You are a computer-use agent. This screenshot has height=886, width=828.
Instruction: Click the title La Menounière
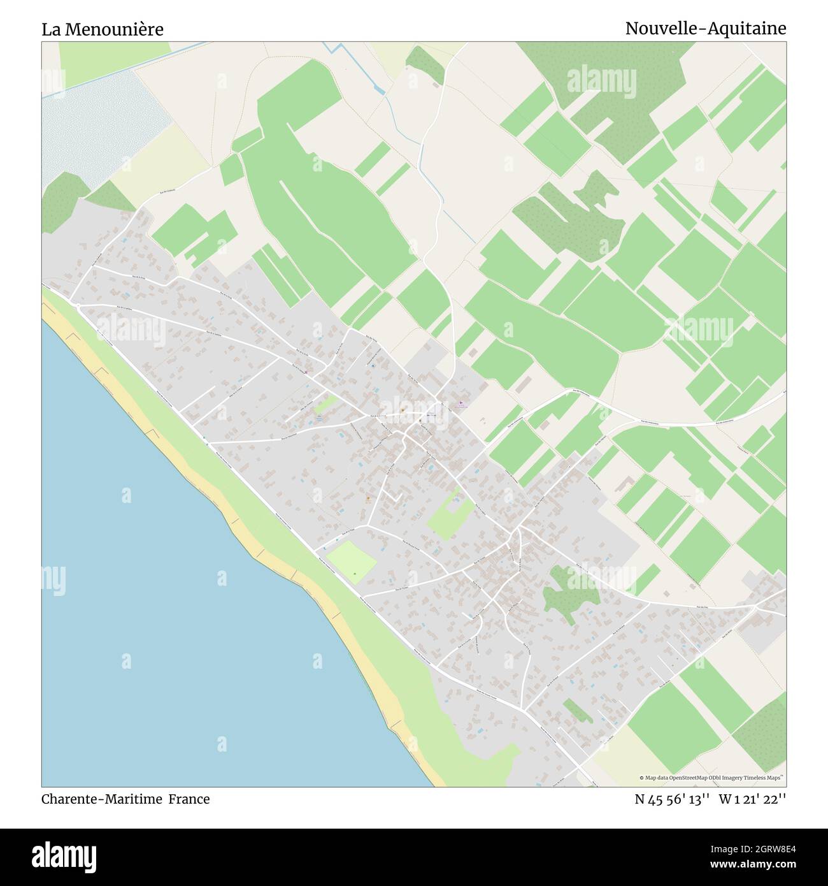pos(103,29)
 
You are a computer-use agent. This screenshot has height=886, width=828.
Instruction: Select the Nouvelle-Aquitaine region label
pos(705,29)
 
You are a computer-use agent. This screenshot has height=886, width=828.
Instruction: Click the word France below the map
pos(189,799)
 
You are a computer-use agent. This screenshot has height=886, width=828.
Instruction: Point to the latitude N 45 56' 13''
pos(672,799)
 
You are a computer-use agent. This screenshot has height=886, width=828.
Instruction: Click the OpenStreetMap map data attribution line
pos(713,778)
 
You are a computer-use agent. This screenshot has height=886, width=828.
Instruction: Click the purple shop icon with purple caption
pos(462,403)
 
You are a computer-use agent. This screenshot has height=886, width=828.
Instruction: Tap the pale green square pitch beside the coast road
pos(352,561)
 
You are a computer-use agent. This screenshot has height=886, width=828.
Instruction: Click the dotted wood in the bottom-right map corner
pos(761,727)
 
